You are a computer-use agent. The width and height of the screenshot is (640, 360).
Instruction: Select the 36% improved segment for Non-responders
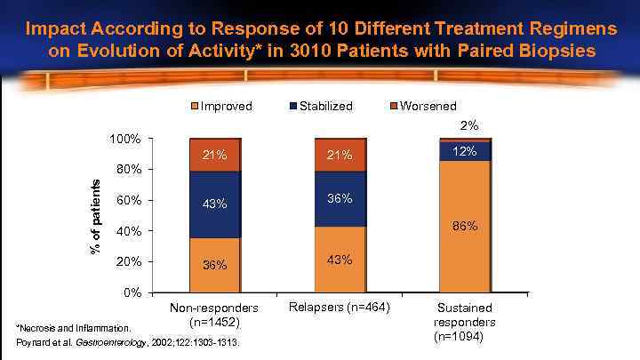coord(214,265)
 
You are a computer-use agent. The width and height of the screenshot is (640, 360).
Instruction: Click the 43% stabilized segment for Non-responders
coord(214,204)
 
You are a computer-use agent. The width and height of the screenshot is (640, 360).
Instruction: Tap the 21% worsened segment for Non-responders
coord(214,156)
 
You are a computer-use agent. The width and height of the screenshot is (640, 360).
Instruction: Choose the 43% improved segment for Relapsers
coord(340,260)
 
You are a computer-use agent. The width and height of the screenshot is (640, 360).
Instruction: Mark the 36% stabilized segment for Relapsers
coord(340,198)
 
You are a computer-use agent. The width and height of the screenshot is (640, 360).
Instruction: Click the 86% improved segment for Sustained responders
coord(466,227)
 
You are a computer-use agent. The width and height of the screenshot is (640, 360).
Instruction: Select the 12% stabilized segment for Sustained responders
coord(466,152)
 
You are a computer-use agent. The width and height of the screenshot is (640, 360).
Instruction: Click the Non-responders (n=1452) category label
coord(214,315)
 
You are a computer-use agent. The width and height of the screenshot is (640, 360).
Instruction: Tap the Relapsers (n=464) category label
coord(340,308)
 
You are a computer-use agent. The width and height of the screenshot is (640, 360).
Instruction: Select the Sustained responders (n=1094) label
coord(466,323)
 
